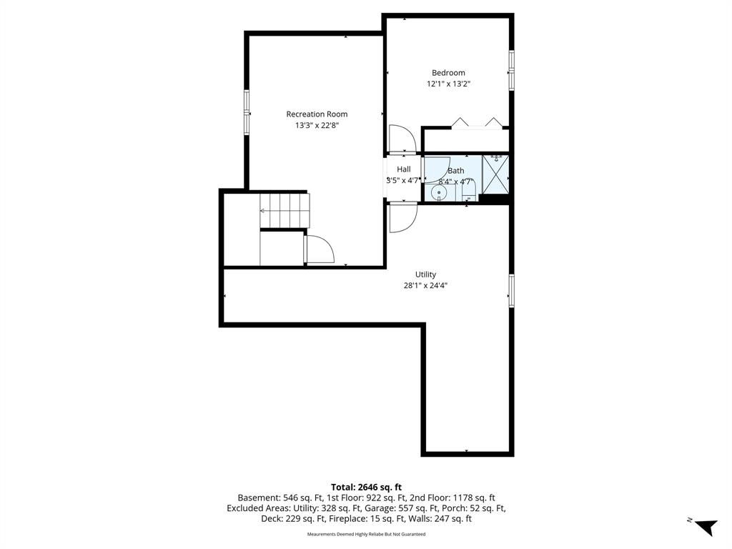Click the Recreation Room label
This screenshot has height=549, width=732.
[x=317, y=114]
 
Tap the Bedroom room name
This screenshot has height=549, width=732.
[x=448, y=73]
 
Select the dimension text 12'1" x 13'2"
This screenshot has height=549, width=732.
[x=448, y=84]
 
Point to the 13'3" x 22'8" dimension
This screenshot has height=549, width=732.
[x=317, y=125]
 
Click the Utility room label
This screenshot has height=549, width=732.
[x=425, y=274]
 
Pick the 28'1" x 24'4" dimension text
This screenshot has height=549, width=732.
[x=425, y=286]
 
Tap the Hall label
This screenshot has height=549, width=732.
[x=404, y=169]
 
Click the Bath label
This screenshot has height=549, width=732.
[x=455, y=171]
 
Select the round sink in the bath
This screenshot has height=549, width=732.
[x=439, y=193]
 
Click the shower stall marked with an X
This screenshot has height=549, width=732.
[x=495, y=178]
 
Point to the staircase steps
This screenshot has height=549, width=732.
[x=285, y=211]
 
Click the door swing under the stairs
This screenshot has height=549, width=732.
[x=319, y=249]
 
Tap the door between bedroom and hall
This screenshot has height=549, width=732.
[x=402, y=139]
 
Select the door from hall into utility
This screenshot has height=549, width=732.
[x=403, y=217]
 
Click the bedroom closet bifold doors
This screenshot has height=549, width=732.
[x=477, y=123]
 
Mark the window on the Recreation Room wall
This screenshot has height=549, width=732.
[x=247, y=112]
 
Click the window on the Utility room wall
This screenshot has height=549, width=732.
[x=512, y=291]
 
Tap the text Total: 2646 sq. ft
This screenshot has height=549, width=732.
[x=366, y=488]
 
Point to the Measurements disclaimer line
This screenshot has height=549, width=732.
[x=366, y=534]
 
